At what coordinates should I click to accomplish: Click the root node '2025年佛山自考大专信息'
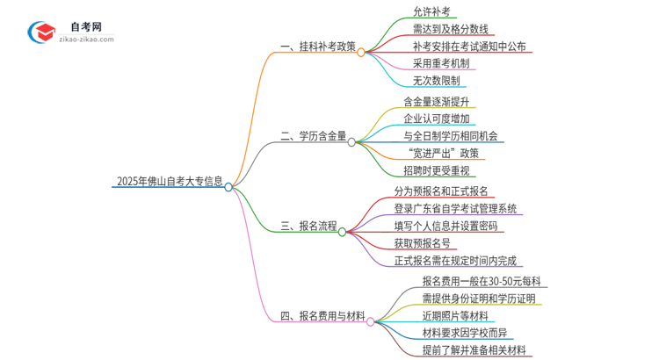tap(169, 184)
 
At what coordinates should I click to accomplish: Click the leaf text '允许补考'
tap(431, 12)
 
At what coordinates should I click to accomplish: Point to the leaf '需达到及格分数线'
tap(450, 29)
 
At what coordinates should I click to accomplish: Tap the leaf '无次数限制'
tap(437, 80)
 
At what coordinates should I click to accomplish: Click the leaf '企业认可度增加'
tap(437, 119)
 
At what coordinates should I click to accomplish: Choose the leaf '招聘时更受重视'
tap(437, 169)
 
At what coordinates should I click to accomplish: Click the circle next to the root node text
tap(228, 186)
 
